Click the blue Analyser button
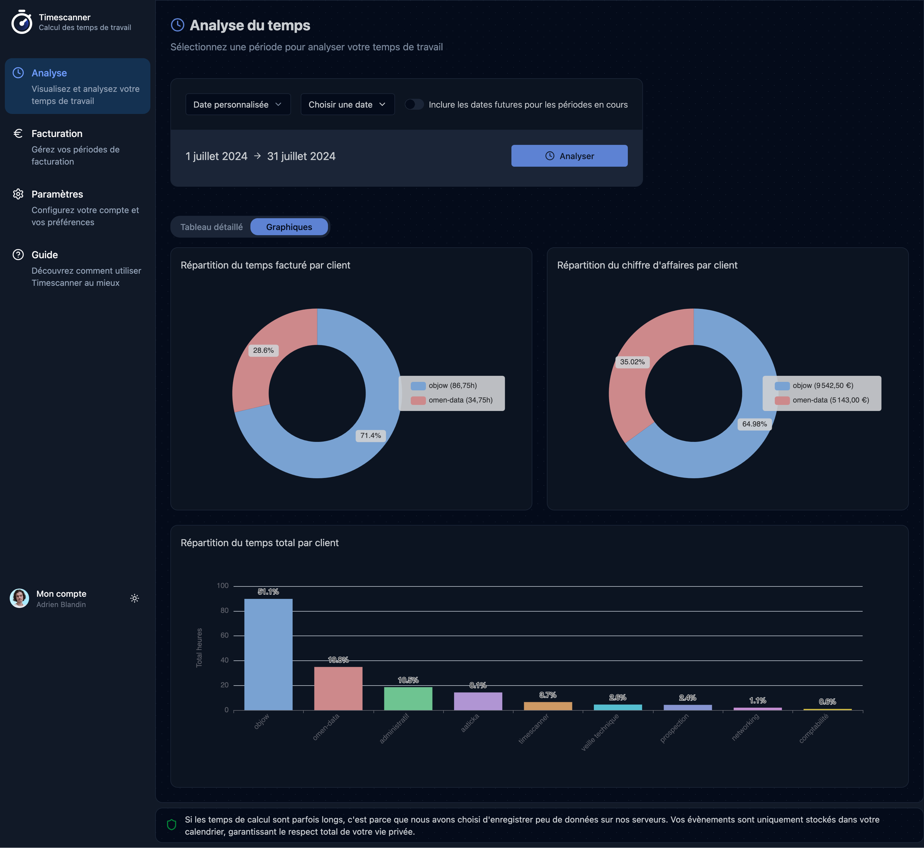[x=569, y=156]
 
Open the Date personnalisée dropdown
[x=238, y=105]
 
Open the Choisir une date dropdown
[x=347, y=105]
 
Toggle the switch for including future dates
[x=414, y=105]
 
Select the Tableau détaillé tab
[x=211, y=227]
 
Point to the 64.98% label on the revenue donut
[x=754, y=424]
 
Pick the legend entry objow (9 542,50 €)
[x=822, y=386]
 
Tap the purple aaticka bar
[x=478, y=701]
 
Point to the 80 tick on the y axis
[x=224, y=611]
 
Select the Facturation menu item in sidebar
[x=57, y=134]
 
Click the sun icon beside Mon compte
[x=135, y=598]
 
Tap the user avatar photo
[x=19, y=598]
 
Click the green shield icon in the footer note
[x=172, y=825]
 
